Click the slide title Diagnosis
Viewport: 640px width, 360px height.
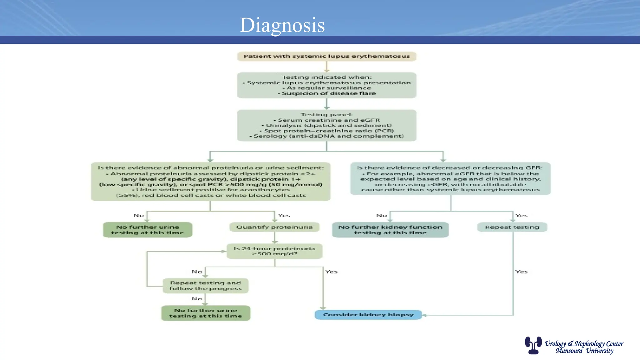click(x=282, y=25)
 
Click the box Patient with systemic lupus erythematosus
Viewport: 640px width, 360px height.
click(x=327, y=56)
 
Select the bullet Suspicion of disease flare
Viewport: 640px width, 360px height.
click(x=327, y=93)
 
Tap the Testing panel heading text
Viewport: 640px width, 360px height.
click(x=327, y=115)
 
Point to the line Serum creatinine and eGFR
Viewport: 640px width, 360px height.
click(x=327, y=120)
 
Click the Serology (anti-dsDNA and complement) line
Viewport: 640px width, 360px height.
click(x=327, y=136)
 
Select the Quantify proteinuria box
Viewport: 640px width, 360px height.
click(x=274, y=227)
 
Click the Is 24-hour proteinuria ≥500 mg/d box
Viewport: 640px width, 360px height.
click(x=274, y=251)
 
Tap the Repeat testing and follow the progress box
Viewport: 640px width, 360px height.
click(x=206, y=286)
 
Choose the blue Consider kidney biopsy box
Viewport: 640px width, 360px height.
click(x=368, y=315)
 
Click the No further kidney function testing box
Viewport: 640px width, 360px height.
click(x=390, y=230)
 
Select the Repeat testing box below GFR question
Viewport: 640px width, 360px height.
click(x=512, y=227)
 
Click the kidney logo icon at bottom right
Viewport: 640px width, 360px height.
click(x=533, y=345)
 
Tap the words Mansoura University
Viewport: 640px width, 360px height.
click(x=584, y=351)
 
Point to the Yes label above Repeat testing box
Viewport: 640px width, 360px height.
click(x=521, y=216)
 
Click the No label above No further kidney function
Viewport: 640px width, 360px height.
click(x=382, y=216)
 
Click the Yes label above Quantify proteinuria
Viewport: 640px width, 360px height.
click(x=284, y=216)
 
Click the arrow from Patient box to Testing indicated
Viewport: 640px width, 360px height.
click(x=327, y=67)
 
